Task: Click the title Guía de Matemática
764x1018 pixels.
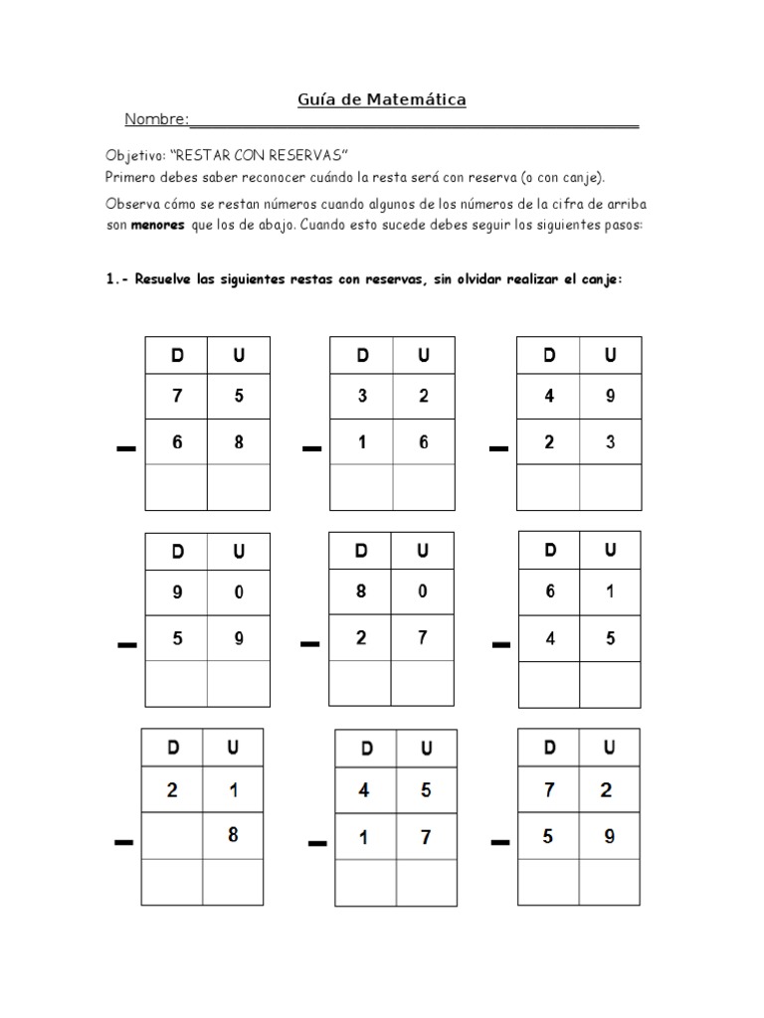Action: [x=382, y=99]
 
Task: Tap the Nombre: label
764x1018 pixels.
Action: [x=156, y=120]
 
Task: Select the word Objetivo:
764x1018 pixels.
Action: [x=135, y=157]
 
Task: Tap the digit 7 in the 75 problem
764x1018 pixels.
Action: [x=177, y=396]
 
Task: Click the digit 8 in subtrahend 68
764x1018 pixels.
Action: [x=239, y=443]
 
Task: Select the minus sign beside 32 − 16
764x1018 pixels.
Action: [x=312, y=450]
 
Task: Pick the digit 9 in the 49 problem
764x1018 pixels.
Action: [x=610, y=396]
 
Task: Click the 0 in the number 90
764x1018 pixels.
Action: [x=239, y=593]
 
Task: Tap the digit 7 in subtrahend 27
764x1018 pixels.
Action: [x=422, y=638]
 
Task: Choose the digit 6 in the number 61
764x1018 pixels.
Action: [x=550, y=592]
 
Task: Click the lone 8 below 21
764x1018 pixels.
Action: [x=233, y=835]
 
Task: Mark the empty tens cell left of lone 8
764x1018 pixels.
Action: [x=172, y=836]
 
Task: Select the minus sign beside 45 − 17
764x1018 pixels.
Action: [x=317, y=844]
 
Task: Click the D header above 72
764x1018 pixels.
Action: [x=550, y=748]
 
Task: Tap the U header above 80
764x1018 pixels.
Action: [x=422, y=551]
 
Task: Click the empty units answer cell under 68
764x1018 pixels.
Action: [x=239, y=487]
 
